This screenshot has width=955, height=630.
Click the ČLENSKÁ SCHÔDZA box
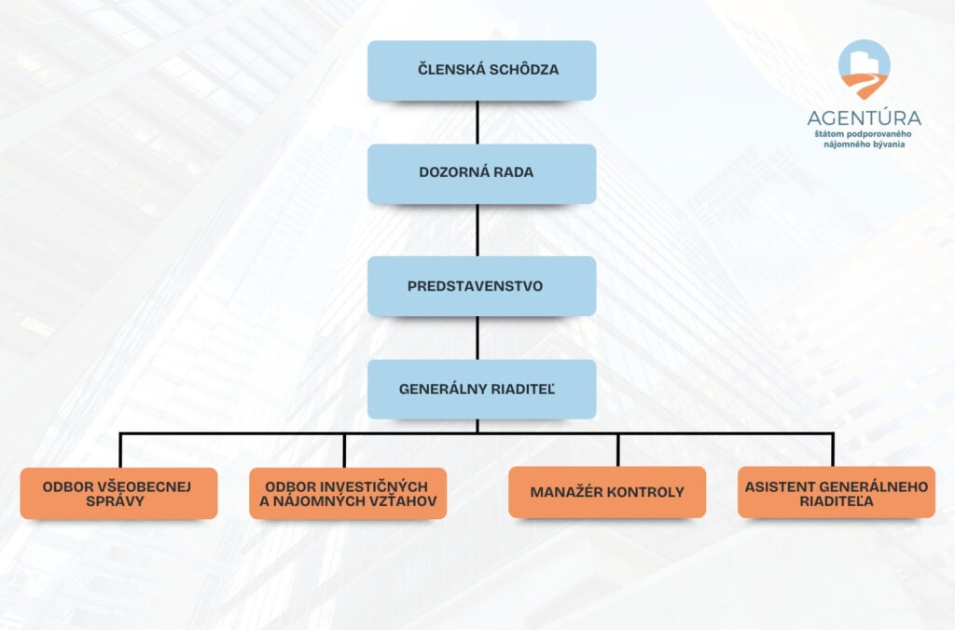click(481, 70)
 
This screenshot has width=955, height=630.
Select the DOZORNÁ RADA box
click(481, 173)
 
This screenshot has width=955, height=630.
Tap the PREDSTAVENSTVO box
click(481, 286)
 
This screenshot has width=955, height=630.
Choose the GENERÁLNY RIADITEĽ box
click(481, 389)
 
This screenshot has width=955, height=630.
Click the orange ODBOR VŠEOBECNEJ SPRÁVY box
click(118, 493)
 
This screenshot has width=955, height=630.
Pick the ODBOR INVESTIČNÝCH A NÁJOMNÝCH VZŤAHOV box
click(348, 493)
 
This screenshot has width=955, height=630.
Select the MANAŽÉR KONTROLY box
click(606, 492)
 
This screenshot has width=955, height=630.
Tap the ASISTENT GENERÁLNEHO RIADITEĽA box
click(836, 492)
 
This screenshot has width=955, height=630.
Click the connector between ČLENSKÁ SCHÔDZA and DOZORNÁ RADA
click(477, 122)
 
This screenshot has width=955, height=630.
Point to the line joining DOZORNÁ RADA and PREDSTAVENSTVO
click(477, 230)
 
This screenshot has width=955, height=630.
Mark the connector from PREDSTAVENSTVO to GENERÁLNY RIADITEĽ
click(477, 337)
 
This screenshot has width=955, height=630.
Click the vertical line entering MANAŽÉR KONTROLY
click(617, 450)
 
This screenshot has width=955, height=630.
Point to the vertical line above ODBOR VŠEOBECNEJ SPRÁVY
click(120, 450)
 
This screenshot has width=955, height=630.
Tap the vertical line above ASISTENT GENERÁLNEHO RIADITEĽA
click(833, 450)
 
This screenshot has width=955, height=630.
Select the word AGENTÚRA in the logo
click(864, 118)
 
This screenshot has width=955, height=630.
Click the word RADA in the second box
click(514, 173)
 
